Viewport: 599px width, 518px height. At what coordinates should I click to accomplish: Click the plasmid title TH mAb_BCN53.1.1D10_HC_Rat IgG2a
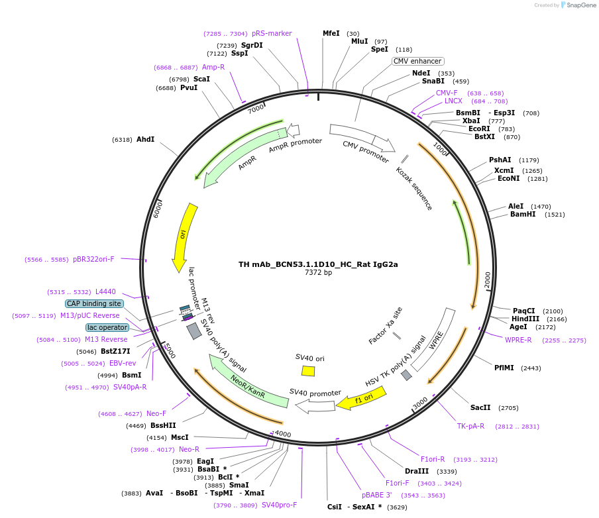[318, 264]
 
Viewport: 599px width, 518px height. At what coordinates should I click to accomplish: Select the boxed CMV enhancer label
[417, 61]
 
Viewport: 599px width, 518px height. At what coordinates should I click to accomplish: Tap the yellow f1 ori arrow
[360, 398]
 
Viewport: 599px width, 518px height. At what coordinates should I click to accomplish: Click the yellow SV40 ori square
[308, 371]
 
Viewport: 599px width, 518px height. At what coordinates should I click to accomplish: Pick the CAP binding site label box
[94, 303]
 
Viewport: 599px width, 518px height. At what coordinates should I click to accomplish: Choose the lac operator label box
[107, 327]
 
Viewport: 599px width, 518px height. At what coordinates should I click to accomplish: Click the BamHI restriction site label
[523, 214]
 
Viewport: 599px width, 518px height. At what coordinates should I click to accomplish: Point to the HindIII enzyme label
[525, 319]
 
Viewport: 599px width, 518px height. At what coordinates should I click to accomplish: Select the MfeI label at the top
[331, 33]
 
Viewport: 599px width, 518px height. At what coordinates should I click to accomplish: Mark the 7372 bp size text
[318, 272]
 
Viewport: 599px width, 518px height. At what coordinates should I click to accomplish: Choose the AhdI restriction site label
[145, 139]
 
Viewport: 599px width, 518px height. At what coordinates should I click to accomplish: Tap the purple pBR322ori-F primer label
[93, 259]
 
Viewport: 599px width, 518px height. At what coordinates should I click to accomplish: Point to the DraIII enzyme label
[417, 471]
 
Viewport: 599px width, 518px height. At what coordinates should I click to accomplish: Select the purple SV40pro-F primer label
[279, 505]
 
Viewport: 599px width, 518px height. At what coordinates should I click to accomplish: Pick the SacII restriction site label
[480, 407]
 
